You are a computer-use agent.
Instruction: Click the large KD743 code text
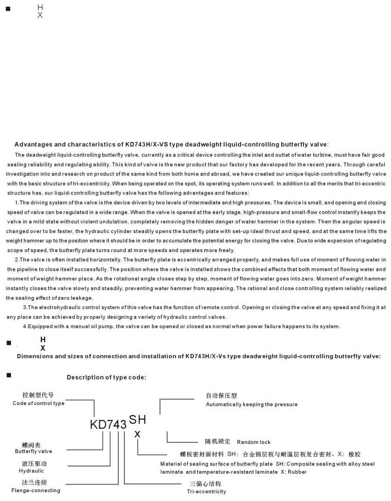pos(108,424)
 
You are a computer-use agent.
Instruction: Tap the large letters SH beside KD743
pos(137,420)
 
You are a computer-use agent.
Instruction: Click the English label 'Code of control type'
pos(38,403)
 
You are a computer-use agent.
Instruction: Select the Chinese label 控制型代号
pos(38,395)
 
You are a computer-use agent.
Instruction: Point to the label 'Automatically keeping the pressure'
pos(252,404)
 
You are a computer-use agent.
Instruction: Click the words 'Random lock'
pos(254,442)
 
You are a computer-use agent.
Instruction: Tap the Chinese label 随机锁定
pos(218,441)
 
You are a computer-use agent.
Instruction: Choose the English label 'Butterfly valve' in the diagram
pos(33,451)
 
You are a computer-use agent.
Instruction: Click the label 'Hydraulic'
pos(31,471)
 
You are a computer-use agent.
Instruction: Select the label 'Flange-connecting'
pos(36,491)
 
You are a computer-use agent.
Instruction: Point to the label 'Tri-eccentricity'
pos(206,492)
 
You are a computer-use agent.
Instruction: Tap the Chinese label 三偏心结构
pos(205,484)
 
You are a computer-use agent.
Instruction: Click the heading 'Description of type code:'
pos(106,377)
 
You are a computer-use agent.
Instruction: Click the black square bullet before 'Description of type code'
pos(9,375)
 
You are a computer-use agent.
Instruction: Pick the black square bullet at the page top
pos(8,9)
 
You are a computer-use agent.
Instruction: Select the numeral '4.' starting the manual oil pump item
pos(25,327)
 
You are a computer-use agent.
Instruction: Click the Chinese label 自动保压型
pos(221,395)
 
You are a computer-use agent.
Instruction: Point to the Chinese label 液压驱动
pos(34,464)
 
